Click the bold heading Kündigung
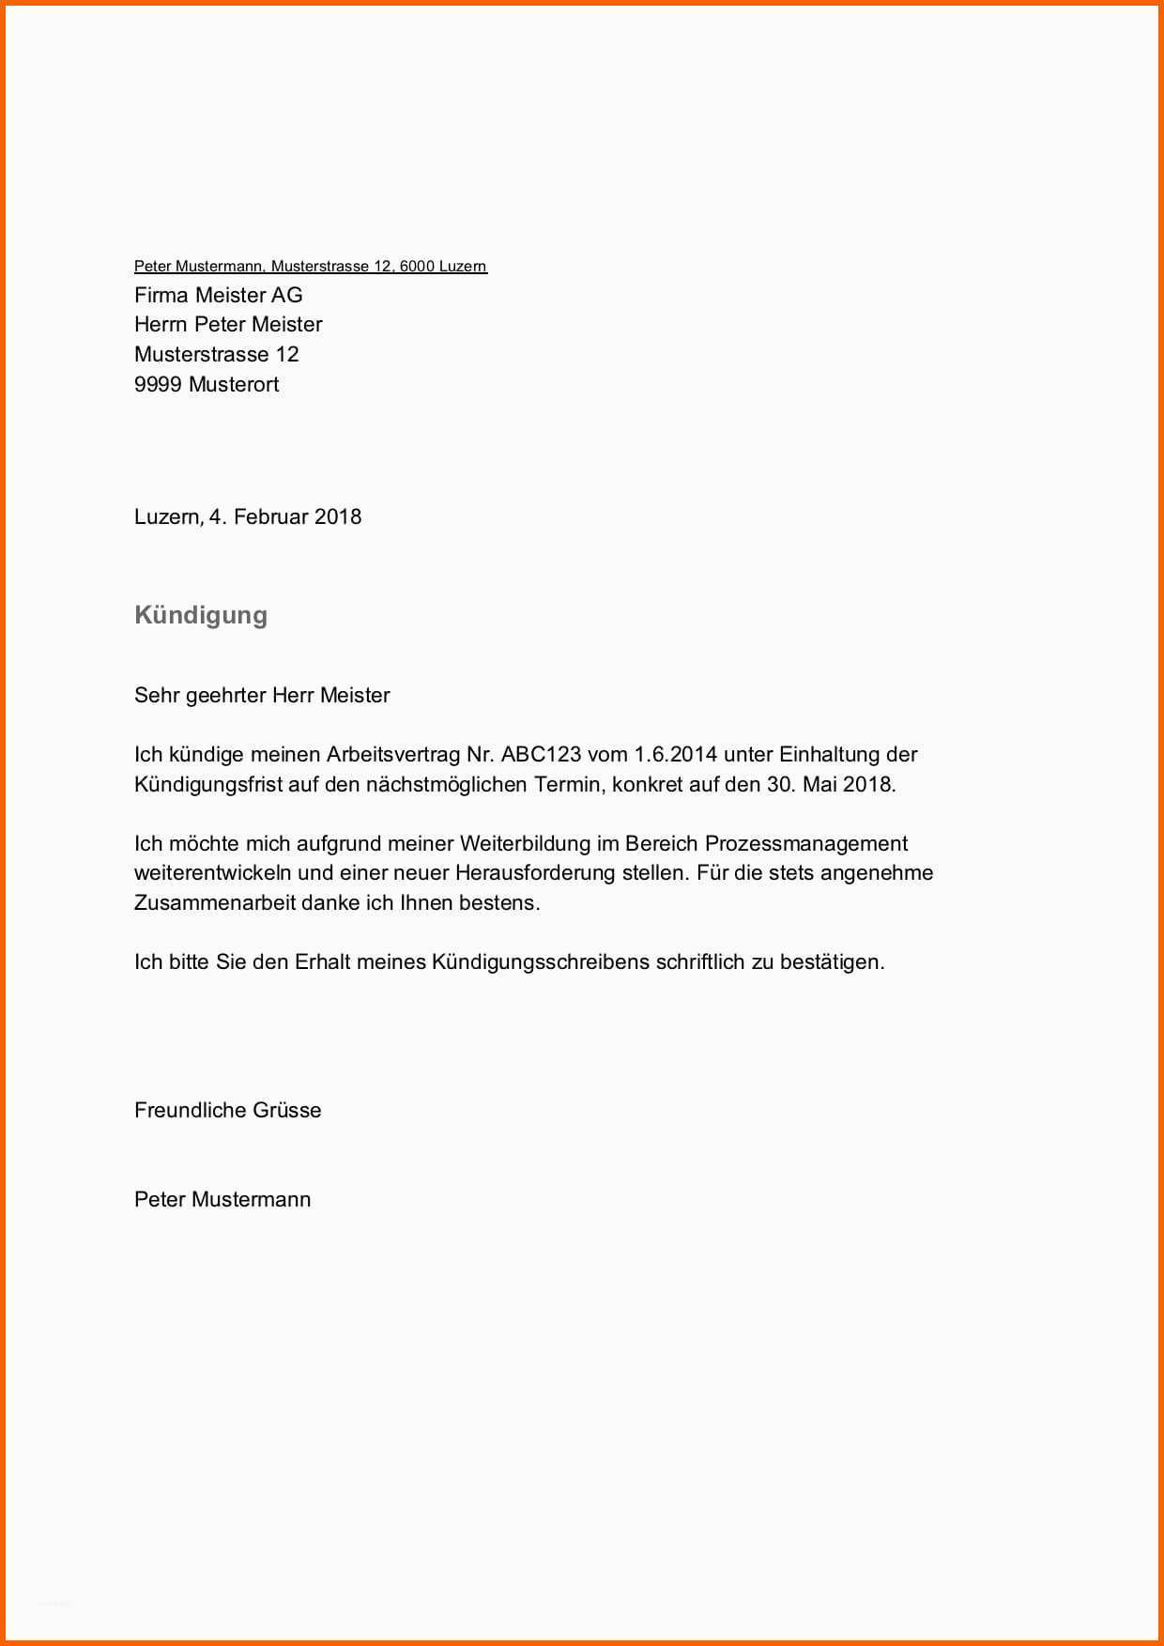point(201,615)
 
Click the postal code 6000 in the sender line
point(417,267)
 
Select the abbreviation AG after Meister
point(287,295)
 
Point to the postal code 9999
point(158,384)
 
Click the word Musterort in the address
point(234,384)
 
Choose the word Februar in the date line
point(270,516)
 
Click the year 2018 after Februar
point(338,516)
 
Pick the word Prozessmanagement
point(806,843)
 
